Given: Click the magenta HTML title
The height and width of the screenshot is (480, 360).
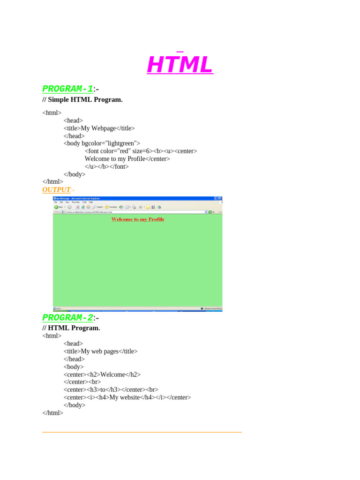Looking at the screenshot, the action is [180, 65].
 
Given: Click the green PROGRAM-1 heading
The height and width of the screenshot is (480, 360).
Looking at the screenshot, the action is [67, 89].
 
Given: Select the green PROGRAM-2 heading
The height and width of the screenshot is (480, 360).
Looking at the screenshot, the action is [67, 318].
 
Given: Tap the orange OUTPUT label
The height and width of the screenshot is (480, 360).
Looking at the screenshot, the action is [56, 189].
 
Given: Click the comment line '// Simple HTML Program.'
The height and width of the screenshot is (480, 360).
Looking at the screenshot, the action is [82, 99].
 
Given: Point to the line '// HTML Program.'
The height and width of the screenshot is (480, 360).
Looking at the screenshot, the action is [71, 328].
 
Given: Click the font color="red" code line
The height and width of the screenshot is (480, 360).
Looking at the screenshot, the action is [141, 151].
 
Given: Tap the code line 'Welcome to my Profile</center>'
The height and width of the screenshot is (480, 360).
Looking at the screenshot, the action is [127, 159].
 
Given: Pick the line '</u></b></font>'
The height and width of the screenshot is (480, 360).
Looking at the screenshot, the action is [106, 166].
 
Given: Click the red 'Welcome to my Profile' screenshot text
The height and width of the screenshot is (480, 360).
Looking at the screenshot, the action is [138, 219].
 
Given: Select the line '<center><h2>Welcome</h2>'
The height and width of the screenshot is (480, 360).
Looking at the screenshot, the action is [102, 375].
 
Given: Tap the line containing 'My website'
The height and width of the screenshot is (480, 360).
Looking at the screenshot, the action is [127, 397].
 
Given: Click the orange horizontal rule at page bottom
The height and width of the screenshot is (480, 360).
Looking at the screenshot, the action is [142, 432].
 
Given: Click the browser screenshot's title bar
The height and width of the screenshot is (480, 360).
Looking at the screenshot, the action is [131, 198].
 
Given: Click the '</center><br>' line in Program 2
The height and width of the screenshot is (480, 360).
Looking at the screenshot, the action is [82, 382].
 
